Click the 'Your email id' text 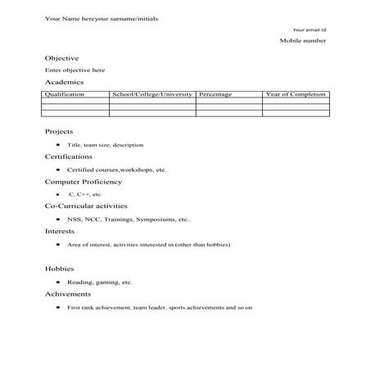(x=309, y=29)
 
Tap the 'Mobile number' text (x=303, y=40)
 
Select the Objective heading (x=61, y=58)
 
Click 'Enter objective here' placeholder (x=75, y=70)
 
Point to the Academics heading (x=64, y=83)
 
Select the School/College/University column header (x=152, y=95)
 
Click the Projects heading (x=59, y=131)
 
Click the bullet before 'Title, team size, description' (x=57, y=144)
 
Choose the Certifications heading (x=69, y=156)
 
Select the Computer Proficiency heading (x=84, y=182)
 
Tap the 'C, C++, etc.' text (x=85, y=194)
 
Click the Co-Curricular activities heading (x=86, y=206)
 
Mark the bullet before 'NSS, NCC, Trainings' (x=57, y=219)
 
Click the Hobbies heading (x=60, y=269)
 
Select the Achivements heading (x=68, y=294)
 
